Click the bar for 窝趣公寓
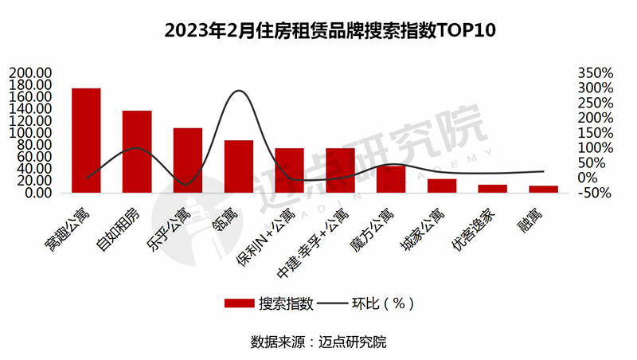pos(86,140)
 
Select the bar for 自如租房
pos(137,151)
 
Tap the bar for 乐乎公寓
pos(188,160)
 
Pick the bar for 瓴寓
pos(239,166)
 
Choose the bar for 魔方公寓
pos(391,179)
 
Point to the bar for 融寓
pos(544,189)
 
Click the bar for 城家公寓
pos(442,186)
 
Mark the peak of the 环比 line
pos(239,91)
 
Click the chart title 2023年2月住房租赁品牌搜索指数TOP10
pos(318,31)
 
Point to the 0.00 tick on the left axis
pos(38,193)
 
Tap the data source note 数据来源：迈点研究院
pos(318,342)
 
